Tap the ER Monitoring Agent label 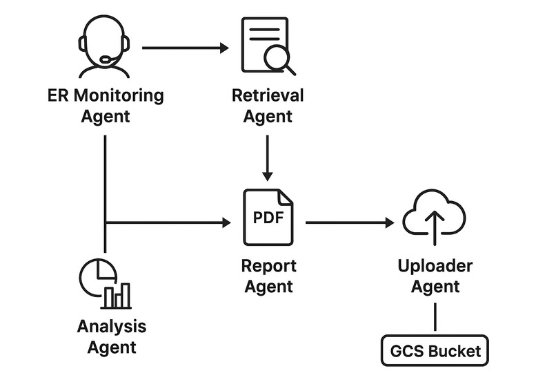105,106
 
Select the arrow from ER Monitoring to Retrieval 185,48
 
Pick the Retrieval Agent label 268,106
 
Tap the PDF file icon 268,217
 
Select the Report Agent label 268,276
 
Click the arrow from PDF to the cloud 349,222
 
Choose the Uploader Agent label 435,276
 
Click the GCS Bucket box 435,350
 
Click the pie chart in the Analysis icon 95,276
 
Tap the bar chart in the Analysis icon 117,296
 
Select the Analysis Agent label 111,336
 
